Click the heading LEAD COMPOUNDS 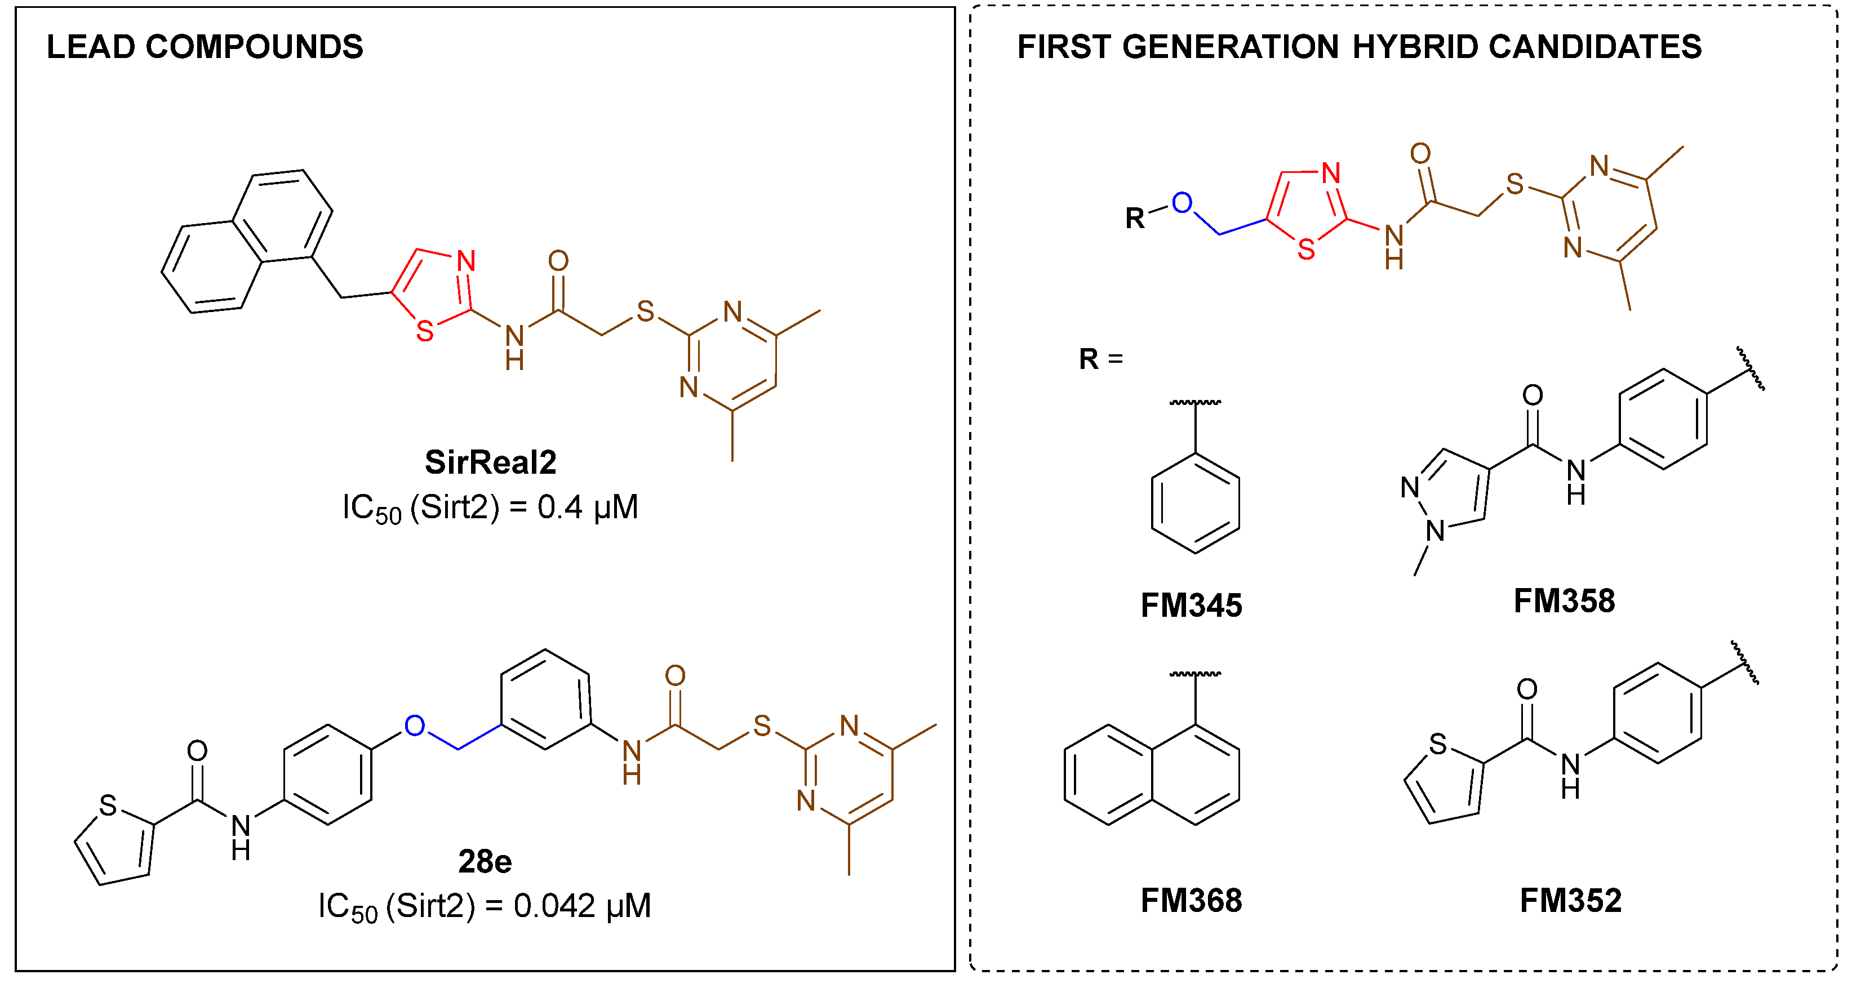click(x=205, y=48)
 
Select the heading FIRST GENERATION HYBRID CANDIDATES click(x=1359, y=48)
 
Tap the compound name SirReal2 click(x=491, y=462)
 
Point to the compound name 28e click(x=485, y=862)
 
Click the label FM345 click(x=1191, y=605)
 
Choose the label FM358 click(x=1564, y=601)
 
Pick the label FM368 click(x=1191, y=901)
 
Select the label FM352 click(x=1571, y=901)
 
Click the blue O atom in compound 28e click(x=415, y=726)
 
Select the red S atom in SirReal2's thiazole click(x=425, y=332)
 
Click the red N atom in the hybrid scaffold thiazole click(x=1331, y=173)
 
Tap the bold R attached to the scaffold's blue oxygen click(x=1135, y=218)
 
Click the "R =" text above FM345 click(x=1100, y=359)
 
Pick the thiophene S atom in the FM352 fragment click(x=1438, y=744)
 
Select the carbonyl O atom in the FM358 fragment click(x=1533, y=395)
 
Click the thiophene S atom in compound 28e click(x=108, y=805)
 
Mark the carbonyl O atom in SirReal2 click(x=558, y=261)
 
